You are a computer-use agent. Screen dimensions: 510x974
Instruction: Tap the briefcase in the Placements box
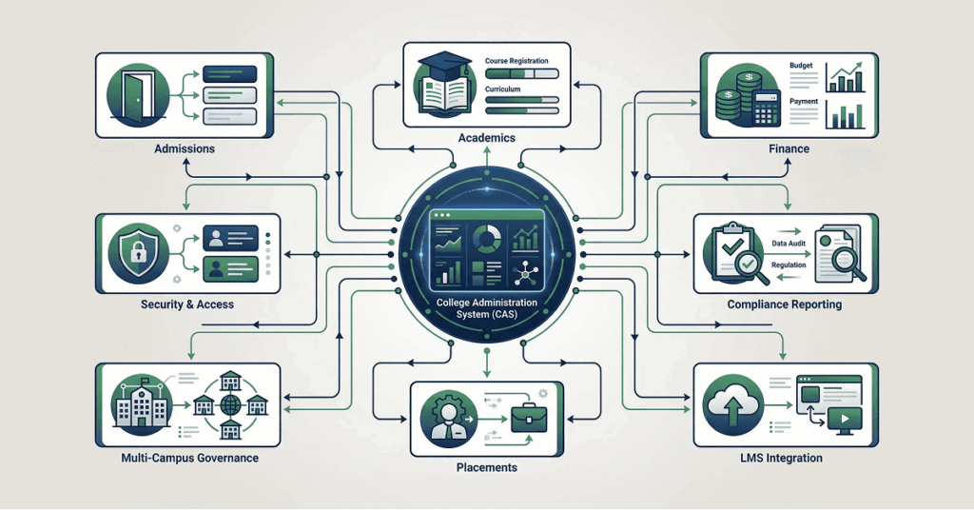pos(523,418)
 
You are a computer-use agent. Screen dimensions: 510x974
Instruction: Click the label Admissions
pos(184,149)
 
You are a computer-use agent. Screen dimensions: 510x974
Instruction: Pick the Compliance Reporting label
pos(785,305)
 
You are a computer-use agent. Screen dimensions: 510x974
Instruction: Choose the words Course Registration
pos(516,61)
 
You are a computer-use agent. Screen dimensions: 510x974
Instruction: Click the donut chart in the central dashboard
pos(486,237)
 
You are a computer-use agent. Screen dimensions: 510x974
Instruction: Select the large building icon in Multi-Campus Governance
pos(135,404)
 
